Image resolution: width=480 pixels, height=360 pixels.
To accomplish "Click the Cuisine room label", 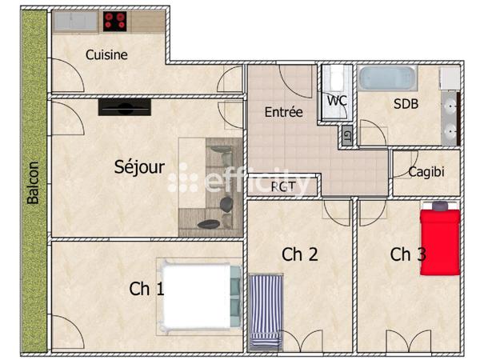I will pos(107,55).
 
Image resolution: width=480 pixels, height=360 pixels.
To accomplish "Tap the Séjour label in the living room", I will pos(139,167).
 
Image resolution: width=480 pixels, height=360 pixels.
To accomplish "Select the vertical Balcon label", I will pos(34,183).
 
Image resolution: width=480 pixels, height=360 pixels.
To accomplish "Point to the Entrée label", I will pos(283,112).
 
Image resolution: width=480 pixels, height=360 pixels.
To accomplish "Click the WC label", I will pos(336,101).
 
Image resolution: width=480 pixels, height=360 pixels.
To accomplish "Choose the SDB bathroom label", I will pos(406,103).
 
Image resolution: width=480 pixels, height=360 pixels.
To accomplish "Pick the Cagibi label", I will pos(426,172).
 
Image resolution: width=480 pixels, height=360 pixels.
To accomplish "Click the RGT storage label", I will pos(282,186).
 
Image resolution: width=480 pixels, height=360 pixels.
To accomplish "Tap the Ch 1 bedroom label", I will pos(146,289).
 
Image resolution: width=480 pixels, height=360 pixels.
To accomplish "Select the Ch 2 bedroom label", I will pos(300,254).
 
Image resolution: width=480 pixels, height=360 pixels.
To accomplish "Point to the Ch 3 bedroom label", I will pos(408,254).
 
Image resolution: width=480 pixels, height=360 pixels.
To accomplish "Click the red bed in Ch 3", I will pos(440,238).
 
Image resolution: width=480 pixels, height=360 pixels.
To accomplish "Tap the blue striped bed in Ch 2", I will pos(266,312).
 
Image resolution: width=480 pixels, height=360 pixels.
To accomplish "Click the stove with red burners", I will pos(115,20).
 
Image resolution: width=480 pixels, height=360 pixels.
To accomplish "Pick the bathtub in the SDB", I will pos(386,78).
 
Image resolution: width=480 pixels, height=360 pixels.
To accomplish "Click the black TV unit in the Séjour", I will pos(123,107).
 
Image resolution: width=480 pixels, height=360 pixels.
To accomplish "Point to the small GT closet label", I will pos(346,135).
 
